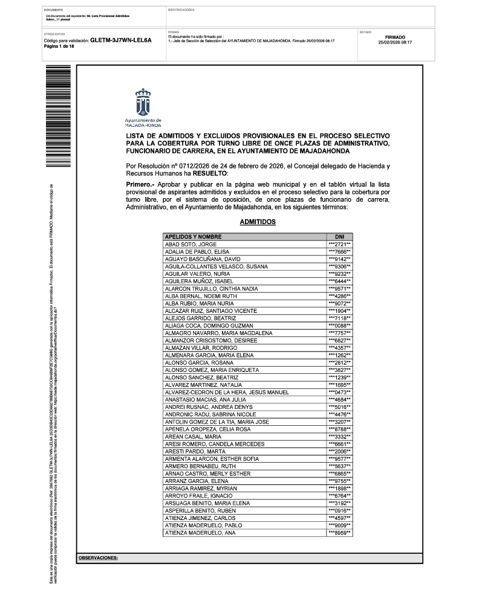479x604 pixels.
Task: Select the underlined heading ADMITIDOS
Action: [x=258, y=222]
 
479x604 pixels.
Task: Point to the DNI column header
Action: [x=339, y=236]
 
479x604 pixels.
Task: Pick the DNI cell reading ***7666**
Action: [x=339, y=251]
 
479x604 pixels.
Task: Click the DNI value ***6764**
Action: [x=339, y=496]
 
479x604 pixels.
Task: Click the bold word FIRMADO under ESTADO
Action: [x=394, y=37]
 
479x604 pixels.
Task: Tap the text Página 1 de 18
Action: [x=59, y=47]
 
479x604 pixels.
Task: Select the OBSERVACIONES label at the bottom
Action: [x=98, y=559]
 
